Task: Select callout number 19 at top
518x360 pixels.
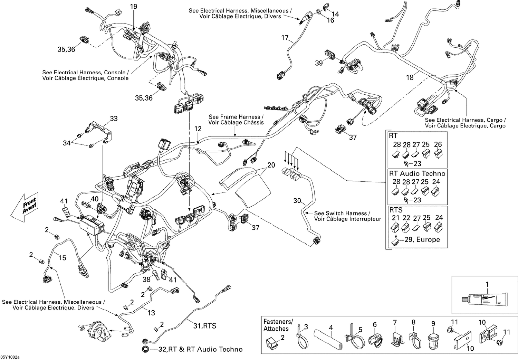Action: (133, 6)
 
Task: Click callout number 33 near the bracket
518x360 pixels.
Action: (114, 119)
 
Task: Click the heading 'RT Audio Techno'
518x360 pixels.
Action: (417, 173)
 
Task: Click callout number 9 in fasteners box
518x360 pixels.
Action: (433, 324)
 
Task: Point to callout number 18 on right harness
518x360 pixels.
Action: (410, 77)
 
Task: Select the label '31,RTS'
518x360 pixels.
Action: (204, 325)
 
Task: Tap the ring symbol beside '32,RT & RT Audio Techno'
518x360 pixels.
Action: (145, 349)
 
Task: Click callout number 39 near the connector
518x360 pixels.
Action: (319, 63)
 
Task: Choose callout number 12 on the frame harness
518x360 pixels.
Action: (198, 129)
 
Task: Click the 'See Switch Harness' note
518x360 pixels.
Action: (347, 216)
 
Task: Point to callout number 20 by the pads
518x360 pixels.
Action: (271, 165)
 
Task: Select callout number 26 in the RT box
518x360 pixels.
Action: (438, 144)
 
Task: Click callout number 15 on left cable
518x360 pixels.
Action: (62, 258)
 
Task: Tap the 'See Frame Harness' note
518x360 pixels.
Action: (236, 120)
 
